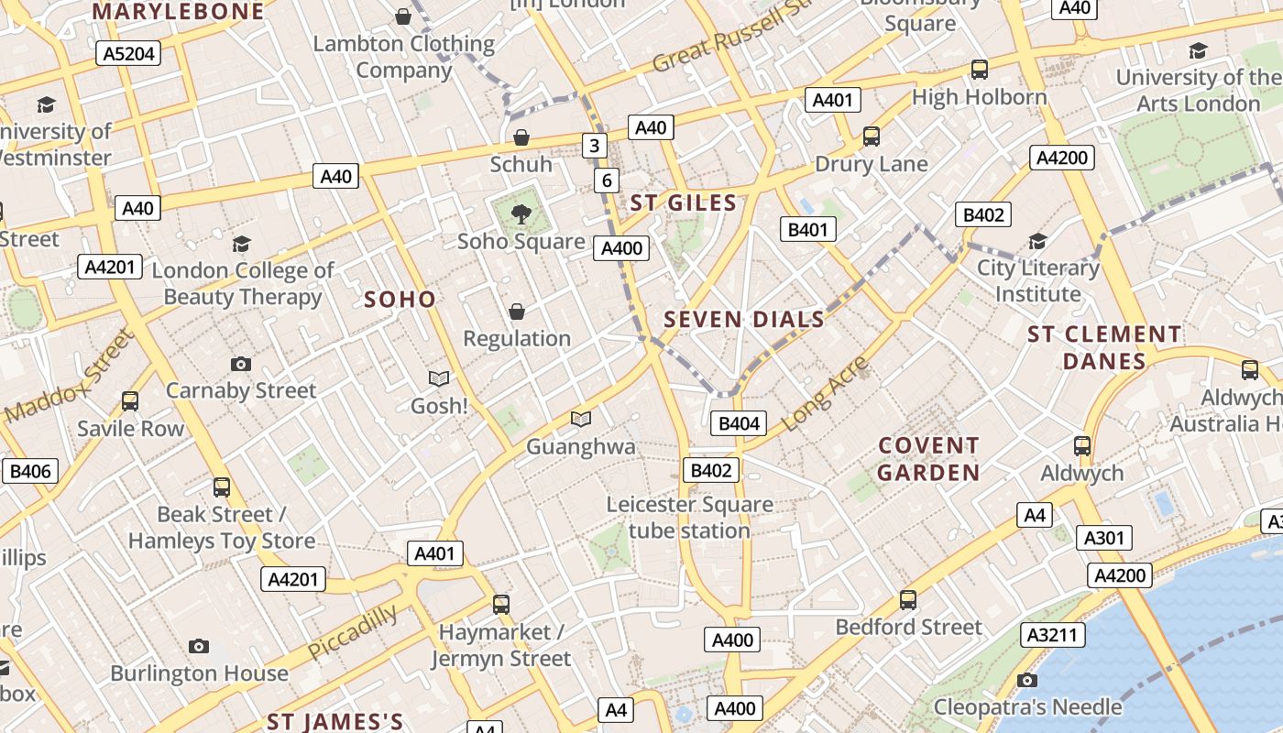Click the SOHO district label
pyautogui.click(x=400, y=300)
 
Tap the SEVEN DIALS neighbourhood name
pyautogui.click(x=744, y=320)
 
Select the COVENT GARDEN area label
pyautogui.click(x=929, y=459)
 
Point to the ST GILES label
pyautogui.click(x=684, y=202)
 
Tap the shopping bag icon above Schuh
pyautogui.click(x=521, y=138)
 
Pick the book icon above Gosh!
pyautogui.click(x=439, y=378)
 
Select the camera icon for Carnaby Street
pyautogui.click(x=241, y=364)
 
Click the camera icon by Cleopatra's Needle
pyautogui.click(x=1027, y=680)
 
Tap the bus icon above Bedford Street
pyautogui.click(x=908, y=600)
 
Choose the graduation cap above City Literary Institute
pyautogui.click(x=1037, y=241)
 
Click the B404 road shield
pyautogui.click(x=738, y=423)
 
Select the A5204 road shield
pyautogui.click(x=128, y=53)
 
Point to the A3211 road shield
pyautogui.click(x=1054, y=635)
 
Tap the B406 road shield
pyautogui.click(x=30, y=472)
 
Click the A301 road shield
pyautogui.click(x=1103, y=538)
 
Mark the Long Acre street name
pyautogui.click(x=824, y=394)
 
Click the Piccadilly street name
pyautogui.click(x=353, y=631)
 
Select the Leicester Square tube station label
pyautogui.click(x=690, y=518)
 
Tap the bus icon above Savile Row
pyautogui.click(x=130, y=401)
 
